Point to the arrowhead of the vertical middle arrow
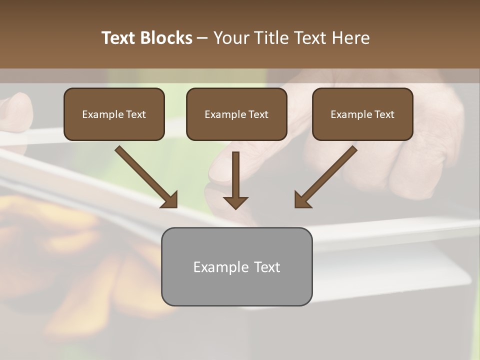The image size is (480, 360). [235, 202]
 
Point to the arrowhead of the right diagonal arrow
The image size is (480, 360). [301, 200]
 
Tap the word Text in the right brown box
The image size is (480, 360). [384, 114]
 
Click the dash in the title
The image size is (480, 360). [202, 38]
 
